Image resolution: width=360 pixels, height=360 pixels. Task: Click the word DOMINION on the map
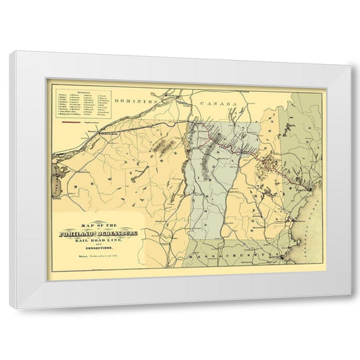[136, 100]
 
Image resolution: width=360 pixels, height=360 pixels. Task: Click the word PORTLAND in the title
[79, 234]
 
